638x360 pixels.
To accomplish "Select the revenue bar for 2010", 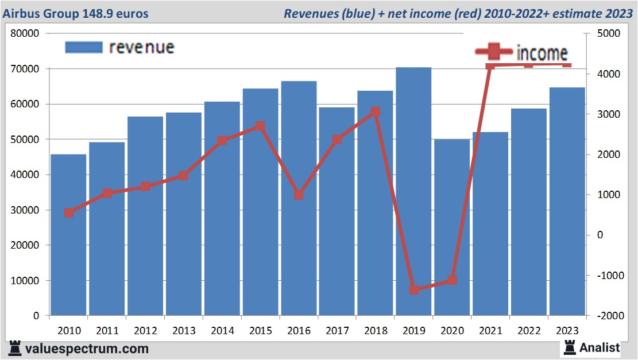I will point(68,235).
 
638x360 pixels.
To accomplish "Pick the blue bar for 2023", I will point(567,201).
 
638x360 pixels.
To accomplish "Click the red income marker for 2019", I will point(413,289).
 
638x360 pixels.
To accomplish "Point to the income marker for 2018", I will point(375,111).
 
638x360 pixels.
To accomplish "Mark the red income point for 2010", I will point(69,212).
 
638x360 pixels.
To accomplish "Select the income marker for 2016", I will point(299,195).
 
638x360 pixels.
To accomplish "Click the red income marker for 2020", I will point(452,280).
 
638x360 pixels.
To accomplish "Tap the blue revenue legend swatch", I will point(84,47).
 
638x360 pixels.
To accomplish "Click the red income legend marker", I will point(493,52).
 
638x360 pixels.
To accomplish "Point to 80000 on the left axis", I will point(25,33).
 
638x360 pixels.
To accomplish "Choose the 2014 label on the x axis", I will point(222,331).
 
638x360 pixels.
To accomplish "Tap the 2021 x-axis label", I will point(490,331).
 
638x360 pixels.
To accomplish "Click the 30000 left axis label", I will point(25,210).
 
